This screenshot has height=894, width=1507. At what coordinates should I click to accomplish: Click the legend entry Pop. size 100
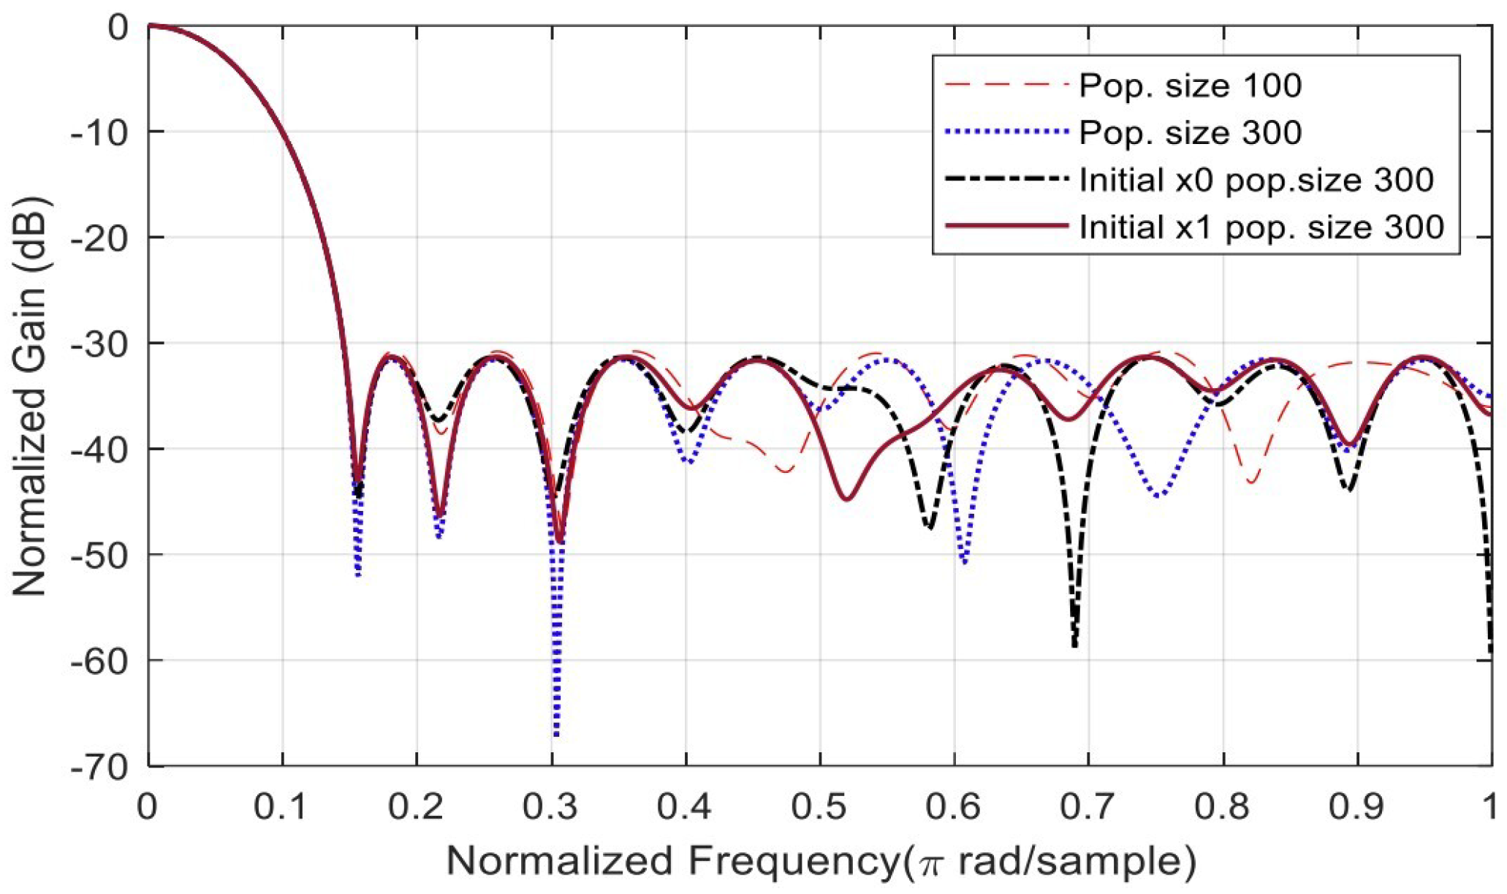point(1190,86)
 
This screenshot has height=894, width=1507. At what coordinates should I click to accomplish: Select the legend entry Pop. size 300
point(1190,132)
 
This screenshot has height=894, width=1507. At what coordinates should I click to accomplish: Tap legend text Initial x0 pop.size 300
point(1256,180)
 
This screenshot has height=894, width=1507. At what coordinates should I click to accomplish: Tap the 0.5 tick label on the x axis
point(819,807)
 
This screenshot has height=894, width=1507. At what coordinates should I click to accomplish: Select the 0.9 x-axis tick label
point(1357,807)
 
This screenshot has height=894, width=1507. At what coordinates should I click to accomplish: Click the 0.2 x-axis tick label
point(416,807)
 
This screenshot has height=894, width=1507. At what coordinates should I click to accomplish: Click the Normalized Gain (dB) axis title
point(29,395)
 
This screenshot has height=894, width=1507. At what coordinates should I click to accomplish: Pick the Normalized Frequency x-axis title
point(820,861)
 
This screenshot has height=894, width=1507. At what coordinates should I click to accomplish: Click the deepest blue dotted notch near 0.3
point(557,733)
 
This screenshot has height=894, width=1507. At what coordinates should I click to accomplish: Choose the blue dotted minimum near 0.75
point(1159,496)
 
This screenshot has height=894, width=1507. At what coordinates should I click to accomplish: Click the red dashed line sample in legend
point(1006,86)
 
